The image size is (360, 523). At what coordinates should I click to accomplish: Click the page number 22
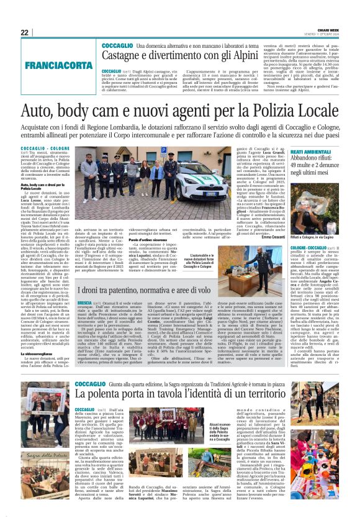(24, 32)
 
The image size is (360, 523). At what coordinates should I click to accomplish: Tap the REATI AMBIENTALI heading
(289, 152)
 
